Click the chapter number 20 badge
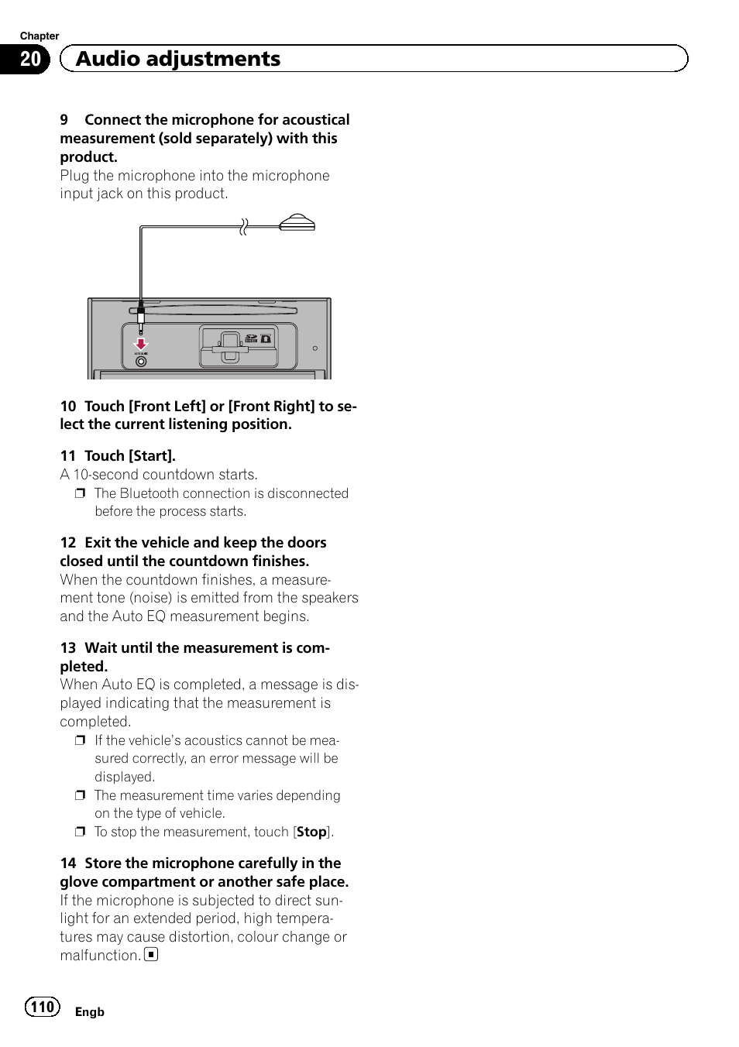pos(29,59)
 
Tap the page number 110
pos(42,1007)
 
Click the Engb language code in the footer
pos(89,1012)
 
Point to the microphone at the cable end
pos(297,224)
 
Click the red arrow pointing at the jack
pos(141,343)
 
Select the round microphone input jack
pos(141,362)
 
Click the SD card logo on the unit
pos(251,338)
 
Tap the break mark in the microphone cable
pos(243,227)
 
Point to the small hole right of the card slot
pos(315,348)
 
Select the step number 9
pos(64,120)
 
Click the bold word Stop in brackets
pos(311,832)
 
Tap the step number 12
pos(68,543)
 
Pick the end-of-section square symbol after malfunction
pos(152,955)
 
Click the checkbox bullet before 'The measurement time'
pos(80,795)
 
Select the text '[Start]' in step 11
pos(152,456)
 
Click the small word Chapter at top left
pos(40,36)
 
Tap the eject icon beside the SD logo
pos(266,338)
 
